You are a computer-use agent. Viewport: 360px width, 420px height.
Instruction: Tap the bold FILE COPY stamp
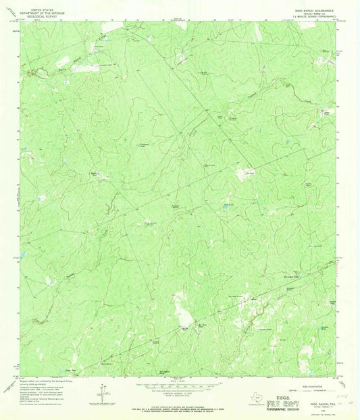[x=276, y=402]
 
